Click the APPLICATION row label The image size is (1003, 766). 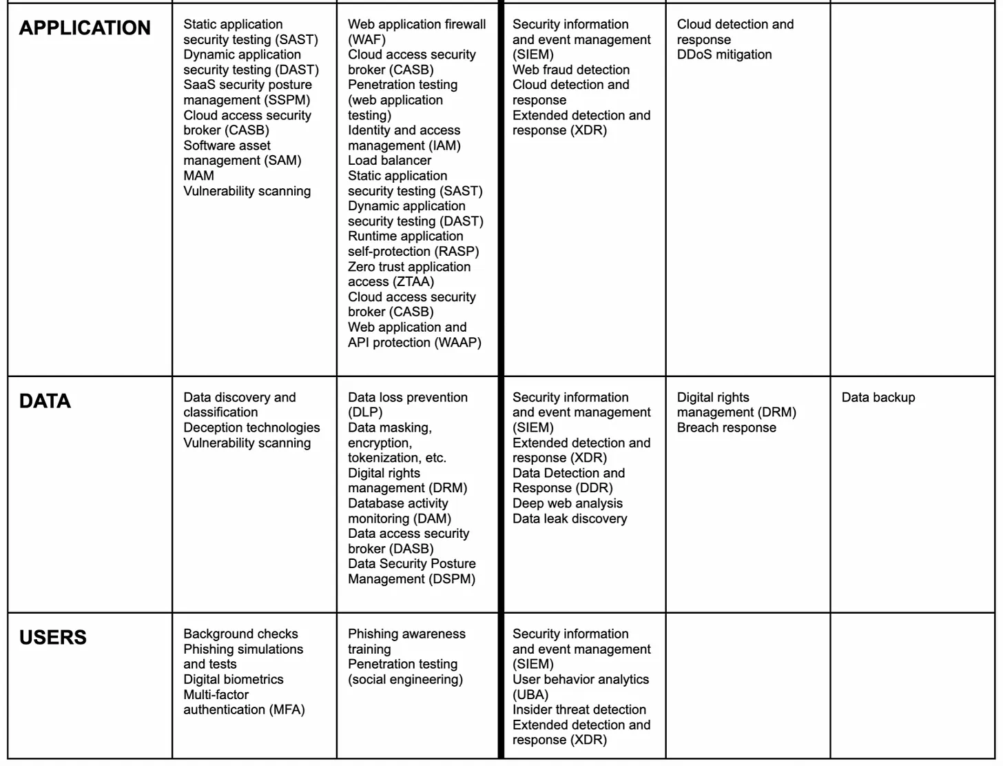[x=85, y=28]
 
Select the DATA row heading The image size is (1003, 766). [x=45, y=401]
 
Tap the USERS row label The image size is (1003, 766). [x=53, y=637]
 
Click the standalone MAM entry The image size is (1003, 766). [x=198, y=176]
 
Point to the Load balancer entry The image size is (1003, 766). [x=389, y=161]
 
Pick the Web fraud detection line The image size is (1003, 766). [x=570, y=70]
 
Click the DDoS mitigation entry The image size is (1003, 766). [x=724, y=54]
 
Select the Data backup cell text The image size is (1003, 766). [x=878, y=397]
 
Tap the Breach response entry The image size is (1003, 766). [x=726, y=427]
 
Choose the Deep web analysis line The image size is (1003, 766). [x=567, y=503]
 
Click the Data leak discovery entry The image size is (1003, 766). [x=570, y=518]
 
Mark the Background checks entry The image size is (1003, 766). [x=240, y=634]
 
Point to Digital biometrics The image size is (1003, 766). [x=233, y=679]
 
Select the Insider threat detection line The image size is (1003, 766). [x=579, y=709]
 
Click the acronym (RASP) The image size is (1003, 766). [x=457, y=252]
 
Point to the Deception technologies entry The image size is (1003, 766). [x=251, y=427]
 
